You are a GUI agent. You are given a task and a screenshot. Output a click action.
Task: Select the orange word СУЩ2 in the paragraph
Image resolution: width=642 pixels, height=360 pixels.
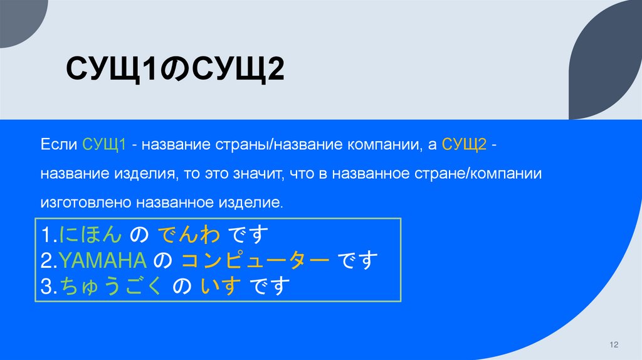[465, 146]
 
